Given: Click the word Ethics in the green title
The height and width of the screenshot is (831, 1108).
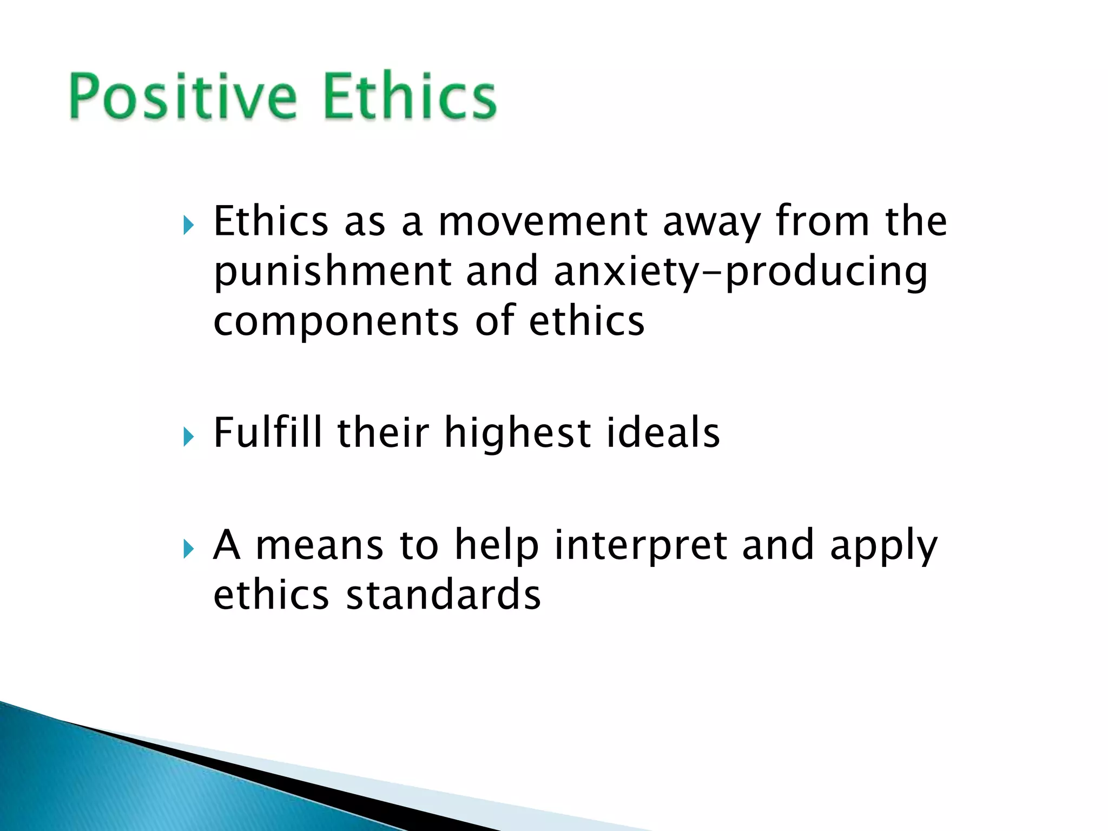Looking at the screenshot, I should click(x=410, y=96).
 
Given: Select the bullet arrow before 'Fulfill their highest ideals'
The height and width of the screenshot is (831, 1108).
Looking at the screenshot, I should click(x=188, y=436).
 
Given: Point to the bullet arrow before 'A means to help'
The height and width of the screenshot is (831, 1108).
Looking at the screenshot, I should click(x=188, y=549).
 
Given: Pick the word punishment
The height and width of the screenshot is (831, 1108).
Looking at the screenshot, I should click(x=332, y=272).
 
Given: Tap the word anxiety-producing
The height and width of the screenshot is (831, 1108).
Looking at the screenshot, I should click(x=740, y=272).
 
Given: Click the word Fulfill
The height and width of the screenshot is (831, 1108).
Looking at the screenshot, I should click(x=268, y=433).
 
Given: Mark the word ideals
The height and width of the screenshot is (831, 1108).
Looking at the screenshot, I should click(x=663, y=433).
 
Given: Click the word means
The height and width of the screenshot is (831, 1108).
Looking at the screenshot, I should click(x=319, y=545).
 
